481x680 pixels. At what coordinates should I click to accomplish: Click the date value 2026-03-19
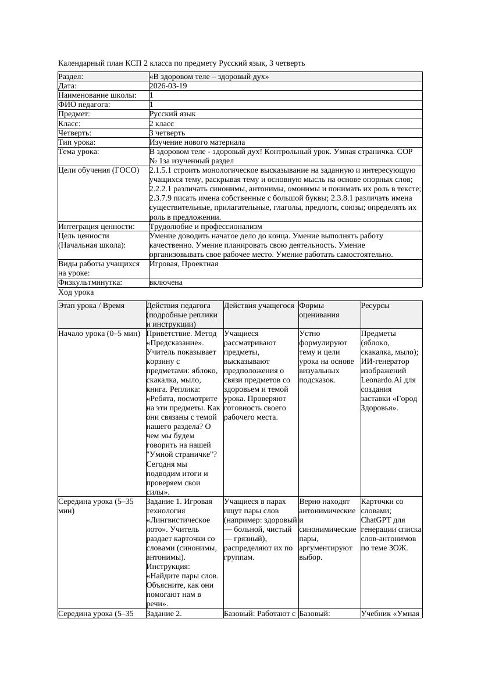168,86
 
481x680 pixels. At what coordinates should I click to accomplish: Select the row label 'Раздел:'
71,77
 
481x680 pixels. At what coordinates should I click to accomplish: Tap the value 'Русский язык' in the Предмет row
172,114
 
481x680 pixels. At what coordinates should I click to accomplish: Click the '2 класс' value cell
162,124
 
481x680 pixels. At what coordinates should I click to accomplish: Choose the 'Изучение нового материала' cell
197,142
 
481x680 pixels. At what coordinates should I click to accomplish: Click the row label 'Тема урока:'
79,152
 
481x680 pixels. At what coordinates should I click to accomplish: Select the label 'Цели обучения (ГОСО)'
99,170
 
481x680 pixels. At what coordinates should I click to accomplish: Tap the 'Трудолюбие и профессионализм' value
205,227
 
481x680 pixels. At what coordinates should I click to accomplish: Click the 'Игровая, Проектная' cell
184,264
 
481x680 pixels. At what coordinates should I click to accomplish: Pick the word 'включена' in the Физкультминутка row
166,282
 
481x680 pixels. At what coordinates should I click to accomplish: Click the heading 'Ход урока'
76,293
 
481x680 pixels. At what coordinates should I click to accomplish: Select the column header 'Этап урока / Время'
91,306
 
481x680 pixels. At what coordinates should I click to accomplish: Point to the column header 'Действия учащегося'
259,306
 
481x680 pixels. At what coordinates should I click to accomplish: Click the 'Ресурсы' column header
375,306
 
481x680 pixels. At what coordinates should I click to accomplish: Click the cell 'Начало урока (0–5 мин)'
99,334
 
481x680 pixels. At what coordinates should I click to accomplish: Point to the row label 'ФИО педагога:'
84,105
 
